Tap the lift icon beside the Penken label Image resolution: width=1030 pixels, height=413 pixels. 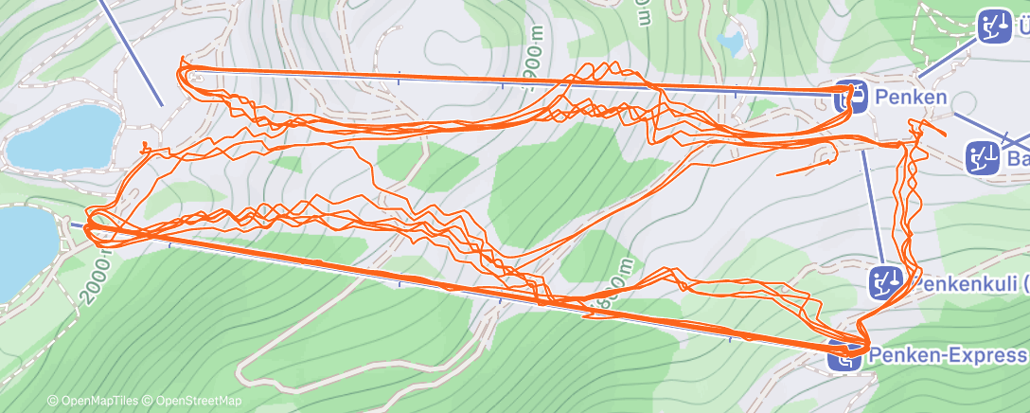855,96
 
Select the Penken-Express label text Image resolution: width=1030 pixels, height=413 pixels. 947,354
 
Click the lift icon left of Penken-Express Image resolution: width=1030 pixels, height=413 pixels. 843,355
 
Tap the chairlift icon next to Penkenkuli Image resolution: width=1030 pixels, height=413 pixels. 885,281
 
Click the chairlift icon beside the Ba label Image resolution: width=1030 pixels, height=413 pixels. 982,158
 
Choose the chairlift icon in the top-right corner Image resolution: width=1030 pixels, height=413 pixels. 993,26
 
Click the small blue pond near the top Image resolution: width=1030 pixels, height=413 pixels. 730,42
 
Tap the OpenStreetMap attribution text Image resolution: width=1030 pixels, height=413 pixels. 194,401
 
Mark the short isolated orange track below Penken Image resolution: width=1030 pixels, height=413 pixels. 805,167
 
